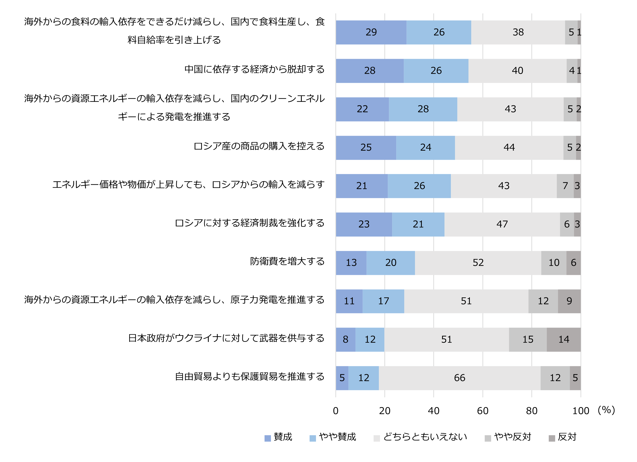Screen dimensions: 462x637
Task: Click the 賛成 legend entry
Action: [x=278, y=437]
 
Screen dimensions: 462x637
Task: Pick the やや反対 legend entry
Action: [x=508, y=437]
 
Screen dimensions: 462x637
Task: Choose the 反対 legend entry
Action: [x=562, y=437]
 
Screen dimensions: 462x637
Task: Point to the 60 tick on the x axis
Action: [x=482, y=411]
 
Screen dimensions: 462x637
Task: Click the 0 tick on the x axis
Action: [x=336, y=411]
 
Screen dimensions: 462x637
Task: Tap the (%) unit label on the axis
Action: [x=606, y=410]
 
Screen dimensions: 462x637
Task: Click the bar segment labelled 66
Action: [x=460, y=378]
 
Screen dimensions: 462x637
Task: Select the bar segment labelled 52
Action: [x=478, y=263]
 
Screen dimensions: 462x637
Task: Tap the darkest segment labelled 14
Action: [x=563, y=339]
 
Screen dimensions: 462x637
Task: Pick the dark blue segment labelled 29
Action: [x=371, y=32]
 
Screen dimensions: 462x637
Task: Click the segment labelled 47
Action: [x=502, y=224]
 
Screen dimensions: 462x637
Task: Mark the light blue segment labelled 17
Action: [x=383, y=301]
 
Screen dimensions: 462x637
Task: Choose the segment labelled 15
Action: [x=528, y=339]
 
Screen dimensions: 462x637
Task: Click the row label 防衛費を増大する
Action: [x=287, y=261]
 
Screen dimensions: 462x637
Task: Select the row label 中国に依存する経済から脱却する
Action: [x=254, y=69]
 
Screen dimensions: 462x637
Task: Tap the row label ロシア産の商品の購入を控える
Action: [x=259, y=146]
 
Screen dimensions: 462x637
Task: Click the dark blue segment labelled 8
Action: [x=345, y=339]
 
